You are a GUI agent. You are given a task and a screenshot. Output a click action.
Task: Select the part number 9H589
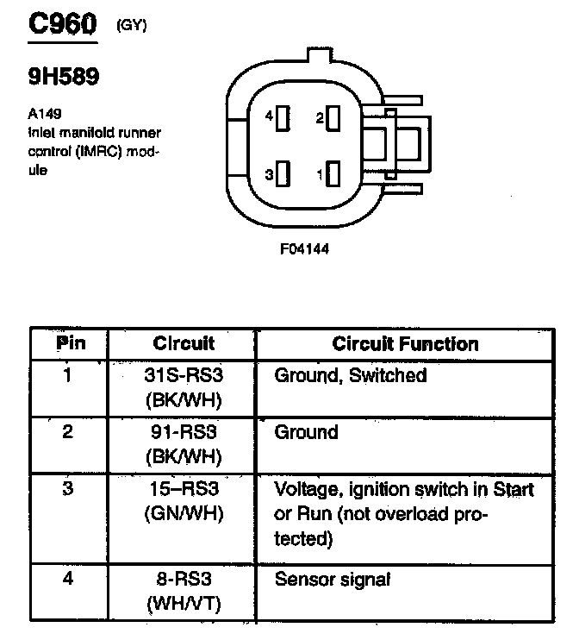pyautogui.click(x=64, y=77)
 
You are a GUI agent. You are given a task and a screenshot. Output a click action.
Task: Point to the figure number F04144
pyautogui.click(x=304, y=248)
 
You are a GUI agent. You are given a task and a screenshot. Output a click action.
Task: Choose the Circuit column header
pyautogui.click(x=184, y=343)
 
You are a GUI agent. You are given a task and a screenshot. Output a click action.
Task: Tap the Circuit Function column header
pyautogui.click(x=405, y=343)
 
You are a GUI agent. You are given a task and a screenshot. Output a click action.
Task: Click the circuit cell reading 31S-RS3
pyautogui.click(x=183, y=376)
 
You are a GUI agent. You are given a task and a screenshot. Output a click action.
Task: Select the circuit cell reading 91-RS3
pyautogui.click(x=183, y=431)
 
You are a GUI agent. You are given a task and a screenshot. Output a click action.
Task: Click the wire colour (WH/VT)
pyautogui.click(x=183, y=603)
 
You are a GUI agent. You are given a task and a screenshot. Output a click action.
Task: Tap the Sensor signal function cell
pyautogui.click(x=332, y=580)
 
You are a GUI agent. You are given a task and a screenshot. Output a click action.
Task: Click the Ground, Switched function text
pyautogui.click(x=350, y=376)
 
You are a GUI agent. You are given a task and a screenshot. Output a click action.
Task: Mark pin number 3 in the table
pyautogui.click(x=68, y=489)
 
